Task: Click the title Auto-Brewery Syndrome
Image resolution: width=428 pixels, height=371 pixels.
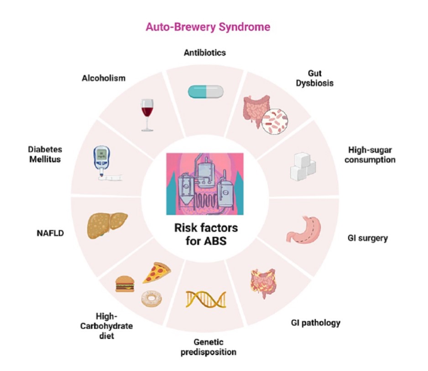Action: (208, 27)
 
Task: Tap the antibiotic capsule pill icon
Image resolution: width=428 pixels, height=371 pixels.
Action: (206, 91)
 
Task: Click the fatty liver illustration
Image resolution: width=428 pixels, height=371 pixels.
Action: (106, 224)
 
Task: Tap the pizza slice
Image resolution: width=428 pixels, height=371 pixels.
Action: (156, 273)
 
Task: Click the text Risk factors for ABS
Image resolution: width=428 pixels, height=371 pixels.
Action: (205, 234)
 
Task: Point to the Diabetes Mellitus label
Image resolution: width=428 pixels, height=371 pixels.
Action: (44, 155)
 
